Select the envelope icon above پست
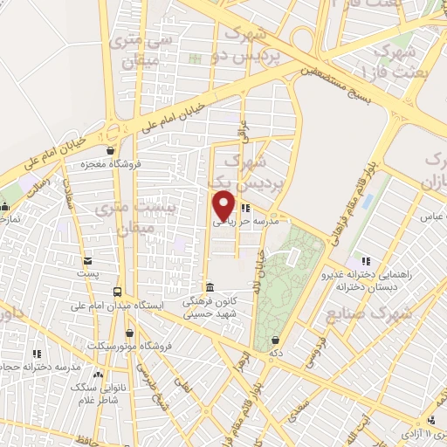[87, 260]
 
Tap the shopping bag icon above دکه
[275, 340]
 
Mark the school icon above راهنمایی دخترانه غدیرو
[366, 260]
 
